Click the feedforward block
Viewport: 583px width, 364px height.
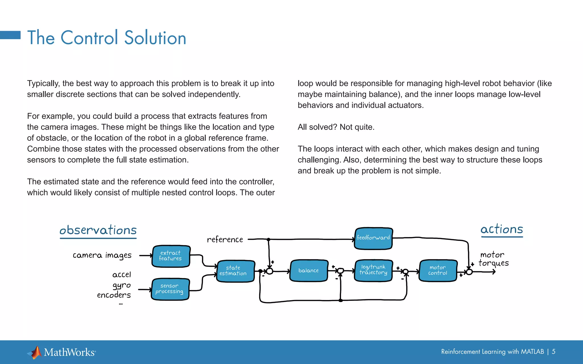pyautogui.click(x=373, y=238)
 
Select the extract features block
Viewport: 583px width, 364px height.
pyautogui.click(x=171, y=256)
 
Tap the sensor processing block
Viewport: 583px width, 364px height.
pyautogui.click(x=170, y=289)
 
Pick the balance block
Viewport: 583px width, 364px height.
pyautogui.click(x=309, y=270)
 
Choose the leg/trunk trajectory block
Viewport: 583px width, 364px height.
pyautogui.click(x=373, y=270)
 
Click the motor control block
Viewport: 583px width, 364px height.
pyautogui.click(x=438, y=270)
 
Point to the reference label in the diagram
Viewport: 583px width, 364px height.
pyautogui.click(x=225, y=239)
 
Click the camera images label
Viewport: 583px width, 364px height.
pyautogui.click(x=102, y=255)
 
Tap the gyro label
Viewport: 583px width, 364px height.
pyautogui.click(x=122, y=285)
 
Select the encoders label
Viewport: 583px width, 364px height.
pyautogui.click(x=114, y=295)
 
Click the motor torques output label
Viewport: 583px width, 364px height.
pyautogui.click(x=493, y=259)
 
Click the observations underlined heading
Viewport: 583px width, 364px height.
pyautogui.click(x=98, y=230)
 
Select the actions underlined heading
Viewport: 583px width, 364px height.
pyautogui.click(x=502, y=229)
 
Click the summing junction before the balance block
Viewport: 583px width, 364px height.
pyautogui.click(x=269, y=271)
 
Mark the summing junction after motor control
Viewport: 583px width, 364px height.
pyautogui.click(x=469, y=272)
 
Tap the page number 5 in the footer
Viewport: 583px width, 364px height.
pyautogui.click(x=553, y=351)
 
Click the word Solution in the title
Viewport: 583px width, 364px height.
pyautogui.click(x=155, y=38)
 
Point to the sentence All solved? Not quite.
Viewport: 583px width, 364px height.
pyautogui.click(x=336, y=127)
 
